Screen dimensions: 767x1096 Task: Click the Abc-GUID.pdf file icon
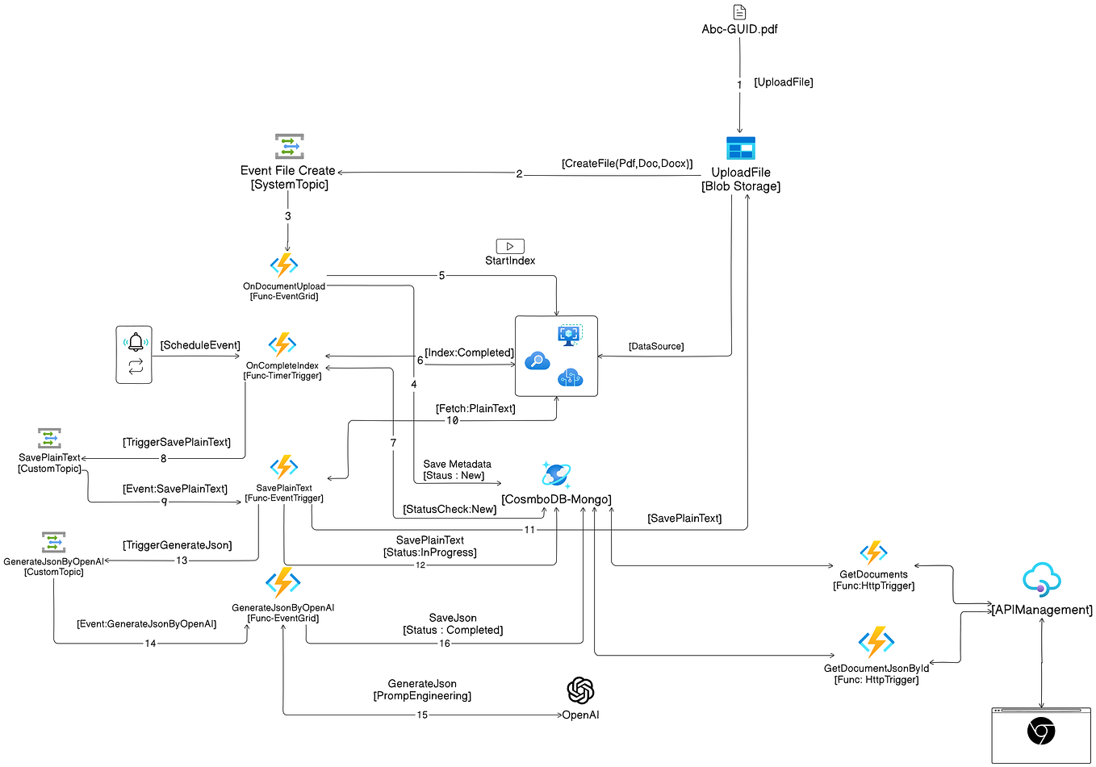(x=739, y=12)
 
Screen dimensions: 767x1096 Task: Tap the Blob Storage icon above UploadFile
(x=740, y=148)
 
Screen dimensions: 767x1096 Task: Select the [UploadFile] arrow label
(x=783, y=82)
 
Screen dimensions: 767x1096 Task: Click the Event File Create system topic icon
(x=289, y=147)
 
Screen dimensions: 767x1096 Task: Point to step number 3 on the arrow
(x=287, y=216)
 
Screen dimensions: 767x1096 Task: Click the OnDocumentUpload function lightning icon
(x=284, y=265)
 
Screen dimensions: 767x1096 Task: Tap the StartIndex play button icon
(x=510, y=246)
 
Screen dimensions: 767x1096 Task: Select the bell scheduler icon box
(x=134, y=354)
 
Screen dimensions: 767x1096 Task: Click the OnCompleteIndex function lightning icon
(x=282, y=345)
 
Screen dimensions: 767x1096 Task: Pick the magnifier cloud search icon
(x=537, y=361)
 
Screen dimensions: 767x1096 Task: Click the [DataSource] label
(x=655, y=346)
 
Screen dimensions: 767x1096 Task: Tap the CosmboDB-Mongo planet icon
(x=556, y=475)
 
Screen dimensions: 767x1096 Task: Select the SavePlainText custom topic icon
(x=50, y=439)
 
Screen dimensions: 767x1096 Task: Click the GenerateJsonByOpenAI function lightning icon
(x=282, y=583)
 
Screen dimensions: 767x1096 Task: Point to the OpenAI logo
(x=580, y=690)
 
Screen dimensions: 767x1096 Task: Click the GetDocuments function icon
(x=873, y=553)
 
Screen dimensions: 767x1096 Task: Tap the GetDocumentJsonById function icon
(x=876, y=643)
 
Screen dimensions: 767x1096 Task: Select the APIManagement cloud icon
(x=1041, y=579)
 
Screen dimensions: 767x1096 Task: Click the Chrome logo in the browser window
(x=1040, y=732)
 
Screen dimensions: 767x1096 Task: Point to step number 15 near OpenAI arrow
(x=422, y=715)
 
